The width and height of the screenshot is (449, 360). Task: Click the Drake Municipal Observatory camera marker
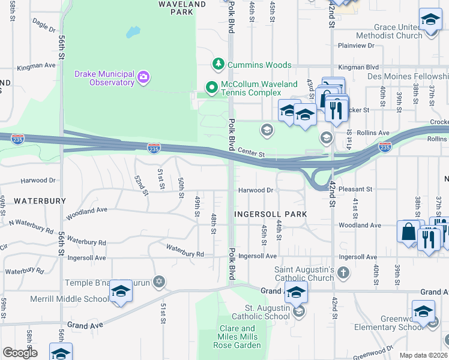(x=143, y=76)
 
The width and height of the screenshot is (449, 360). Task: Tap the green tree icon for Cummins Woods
(x=218, y=64)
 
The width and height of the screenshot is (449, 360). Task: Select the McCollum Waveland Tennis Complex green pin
(x=211, y=88)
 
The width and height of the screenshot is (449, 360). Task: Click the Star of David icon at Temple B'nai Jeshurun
(x=158, y=281)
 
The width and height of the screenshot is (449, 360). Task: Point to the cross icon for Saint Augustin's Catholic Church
(x=343, y=274)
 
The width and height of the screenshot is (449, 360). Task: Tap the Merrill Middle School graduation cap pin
(x=121, y=292)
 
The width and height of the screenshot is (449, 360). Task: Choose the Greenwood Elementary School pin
(x=423, y=312)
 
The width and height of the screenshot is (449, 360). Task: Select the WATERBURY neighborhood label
(x=40, y=200)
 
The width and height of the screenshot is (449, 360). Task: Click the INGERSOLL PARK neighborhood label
(x=270, y=214)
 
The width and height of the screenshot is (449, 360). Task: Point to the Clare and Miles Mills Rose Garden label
(x=237, y=336)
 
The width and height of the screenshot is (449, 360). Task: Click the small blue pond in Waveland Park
(x=133, y=31)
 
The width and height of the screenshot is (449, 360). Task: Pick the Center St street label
(x=251, y=153)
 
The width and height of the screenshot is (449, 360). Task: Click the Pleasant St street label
(x=355, y=189)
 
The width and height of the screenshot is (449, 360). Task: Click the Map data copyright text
(x=423, y=355)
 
